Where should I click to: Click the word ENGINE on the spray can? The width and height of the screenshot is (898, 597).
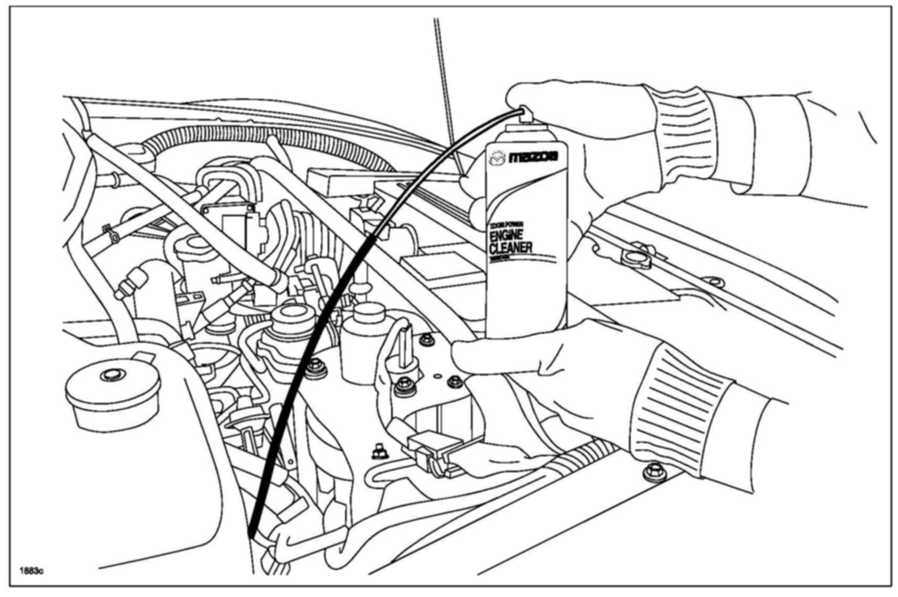(510, 236)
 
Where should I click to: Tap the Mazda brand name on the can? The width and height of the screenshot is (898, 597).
(533, 157)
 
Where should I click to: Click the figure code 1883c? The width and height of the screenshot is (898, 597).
(32, 571)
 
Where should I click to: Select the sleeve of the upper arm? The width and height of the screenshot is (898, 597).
(793, 148)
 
